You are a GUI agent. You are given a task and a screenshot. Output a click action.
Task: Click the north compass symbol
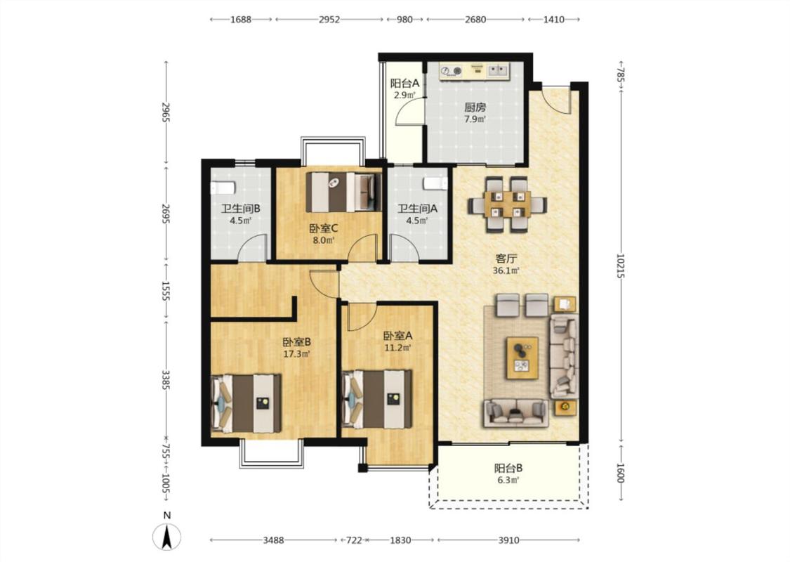click(166, 536)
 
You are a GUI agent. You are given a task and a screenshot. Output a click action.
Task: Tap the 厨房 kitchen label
click(475, 107)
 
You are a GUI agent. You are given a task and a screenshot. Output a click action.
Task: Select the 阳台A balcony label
click(404, 83)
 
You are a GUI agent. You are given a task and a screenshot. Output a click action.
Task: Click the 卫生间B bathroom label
click(241, 208)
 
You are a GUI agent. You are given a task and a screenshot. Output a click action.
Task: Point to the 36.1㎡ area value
click(506, 270)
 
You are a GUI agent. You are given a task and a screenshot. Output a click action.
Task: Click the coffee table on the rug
click(522, 358)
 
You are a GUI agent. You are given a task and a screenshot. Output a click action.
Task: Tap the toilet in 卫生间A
click(435, 183)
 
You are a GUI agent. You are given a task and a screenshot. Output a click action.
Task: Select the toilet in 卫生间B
click(223, 188)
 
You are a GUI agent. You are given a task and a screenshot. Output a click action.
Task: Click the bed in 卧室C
click(341, 192)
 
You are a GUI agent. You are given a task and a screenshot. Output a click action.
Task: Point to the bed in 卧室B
click(246, 403)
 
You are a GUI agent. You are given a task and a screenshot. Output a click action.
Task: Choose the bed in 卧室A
click(377, 399)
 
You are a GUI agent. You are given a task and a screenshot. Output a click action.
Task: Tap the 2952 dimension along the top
click(329, 20)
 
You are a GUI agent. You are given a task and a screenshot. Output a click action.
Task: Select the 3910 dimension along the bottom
click(508, 540)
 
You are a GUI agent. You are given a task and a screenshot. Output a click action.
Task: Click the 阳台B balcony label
click(508, 469)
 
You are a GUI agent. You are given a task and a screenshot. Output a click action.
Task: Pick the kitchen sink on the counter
click(499, 70)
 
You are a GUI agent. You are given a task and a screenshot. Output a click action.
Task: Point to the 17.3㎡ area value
click(296, 354)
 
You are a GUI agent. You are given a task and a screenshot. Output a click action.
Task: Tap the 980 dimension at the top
click(404, 20)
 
